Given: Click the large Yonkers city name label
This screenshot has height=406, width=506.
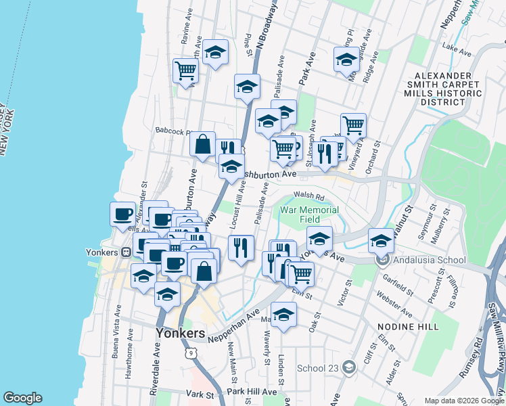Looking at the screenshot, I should coord(180,334).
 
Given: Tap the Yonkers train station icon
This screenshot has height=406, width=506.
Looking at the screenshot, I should coord(126,252).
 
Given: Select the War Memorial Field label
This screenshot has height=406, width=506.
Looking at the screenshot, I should coord(310,215).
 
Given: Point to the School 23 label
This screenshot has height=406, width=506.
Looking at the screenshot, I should coord(320,369).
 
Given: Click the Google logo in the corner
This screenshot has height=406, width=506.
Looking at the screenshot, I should coord(22,398).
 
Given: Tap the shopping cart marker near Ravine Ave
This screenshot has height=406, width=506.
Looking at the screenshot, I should coord(185,70).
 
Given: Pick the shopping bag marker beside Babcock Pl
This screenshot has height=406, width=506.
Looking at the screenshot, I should coord(202,143).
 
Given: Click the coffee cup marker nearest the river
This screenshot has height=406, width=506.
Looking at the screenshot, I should coord(122,214).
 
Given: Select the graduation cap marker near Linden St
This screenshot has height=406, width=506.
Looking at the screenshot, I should coord(283,314).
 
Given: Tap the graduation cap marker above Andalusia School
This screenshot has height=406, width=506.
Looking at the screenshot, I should coord(381,241).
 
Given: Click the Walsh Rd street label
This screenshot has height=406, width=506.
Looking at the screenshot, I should coord(310,196).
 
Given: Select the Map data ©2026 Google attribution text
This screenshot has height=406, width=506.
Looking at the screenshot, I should coord(463,401).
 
